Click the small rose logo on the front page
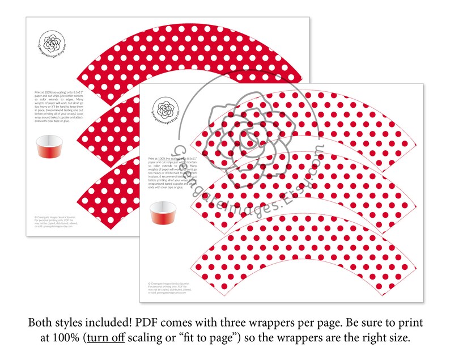[x=166, y=108]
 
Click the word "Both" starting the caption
[x=43, y=322]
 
